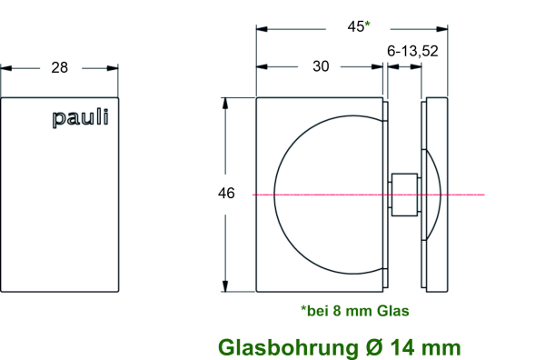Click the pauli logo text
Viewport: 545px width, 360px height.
point(80,117)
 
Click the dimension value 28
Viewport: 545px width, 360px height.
point(61,67)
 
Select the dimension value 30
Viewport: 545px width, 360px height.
point(321,66)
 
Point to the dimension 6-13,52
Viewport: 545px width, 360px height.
point(413,52)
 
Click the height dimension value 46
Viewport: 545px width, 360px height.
point(226,194)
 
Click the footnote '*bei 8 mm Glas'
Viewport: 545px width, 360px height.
point(354,311)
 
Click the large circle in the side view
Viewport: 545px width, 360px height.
point(327,194)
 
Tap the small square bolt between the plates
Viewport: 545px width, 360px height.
point(404,194)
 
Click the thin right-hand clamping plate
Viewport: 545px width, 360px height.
point(436,194)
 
